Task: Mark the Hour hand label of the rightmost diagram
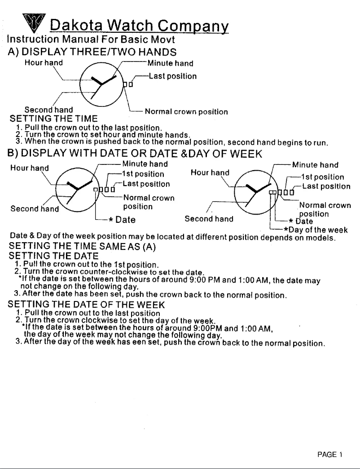tap(210, 172)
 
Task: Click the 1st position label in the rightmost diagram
tap(326, 177)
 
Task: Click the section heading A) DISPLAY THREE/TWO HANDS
tap(91, 52)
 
